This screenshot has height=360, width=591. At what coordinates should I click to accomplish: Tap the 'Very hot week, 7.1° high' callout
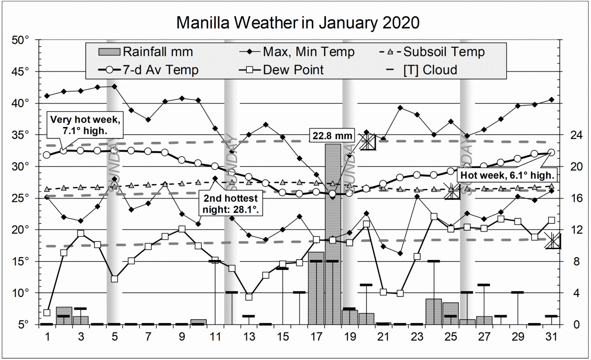click(x=85, y=125)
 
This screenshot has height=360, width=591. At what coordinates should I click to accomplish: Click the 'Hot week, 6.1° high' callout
click(x=508, y=175)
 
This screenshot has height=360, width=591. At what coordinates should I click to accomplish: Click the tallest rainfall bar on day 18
click(x=332, y=234)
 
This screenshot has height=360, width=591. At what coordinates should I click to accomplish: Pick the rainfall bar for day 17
click(x=316, y=288)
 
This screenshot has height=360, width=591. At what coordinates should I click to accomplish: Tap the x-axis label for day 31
click(x=551, y=337)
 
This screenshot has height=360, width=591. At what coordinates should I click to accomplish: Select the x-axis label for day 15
click(x=282, y=337)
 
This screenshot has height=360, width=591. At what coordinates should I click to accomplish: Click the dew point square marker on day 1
click(x=47, y=312)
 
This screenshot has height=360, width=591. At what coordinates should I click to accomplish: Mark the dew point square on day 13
click(x=249, y=297)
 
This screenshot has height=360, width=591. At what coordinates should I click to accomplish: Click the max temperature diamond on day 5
click(x=115, y=86)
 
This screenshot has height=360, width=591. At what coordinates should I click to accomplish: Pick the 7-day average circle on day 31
click(x=551, y=153)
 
